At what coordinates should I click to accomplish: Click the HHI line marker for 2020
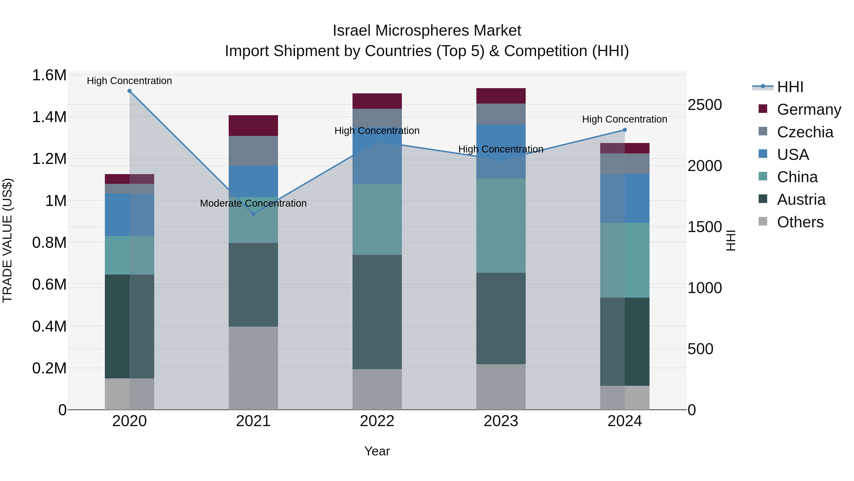click(130, 91)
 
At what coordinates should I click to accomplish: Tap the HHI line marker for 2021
click(253, 214)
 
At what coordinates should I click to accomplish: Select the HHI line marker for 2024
click(625, 130)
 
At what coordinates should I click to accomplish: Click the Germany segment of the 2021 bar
click(253, 125)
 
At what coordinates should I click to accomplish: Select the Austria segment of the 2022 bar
click(377, 312)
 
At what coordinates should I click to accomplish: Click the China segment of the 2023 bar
click(501, 226)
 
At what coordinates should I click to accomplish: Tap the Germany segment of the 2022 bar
click(377, 101)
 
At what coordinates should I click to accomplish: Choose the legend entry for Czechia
click(805, 132)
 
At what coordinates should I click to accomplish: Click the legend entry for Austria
click(801, 200)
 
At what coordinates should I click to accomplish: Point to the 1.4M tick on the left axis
click(49, 117)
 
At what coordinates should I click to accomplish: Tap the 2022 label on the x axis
click(377, 421)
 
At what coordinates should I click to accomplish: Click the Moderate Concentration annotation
click(253, 203)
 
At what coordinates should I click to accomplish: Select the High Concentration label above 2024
click(625, 119)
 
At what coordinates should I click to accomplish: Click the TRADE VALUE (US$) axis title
click(7, 240)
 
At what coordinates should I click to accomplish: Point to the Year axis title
click(377, 451)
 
